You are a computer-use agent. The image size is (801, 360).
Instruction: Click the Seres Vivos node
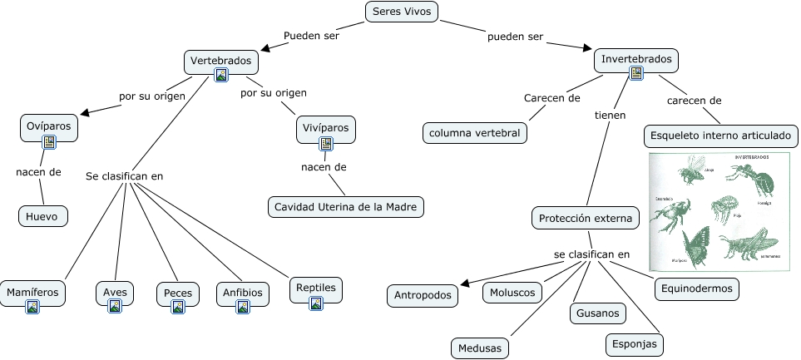(x=401, y=12)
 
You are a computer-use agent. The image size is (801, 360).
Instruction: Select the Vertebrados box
(x=220, y=61)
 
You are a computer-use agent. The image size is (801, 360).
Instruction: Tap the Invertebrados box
(x=636, y=60)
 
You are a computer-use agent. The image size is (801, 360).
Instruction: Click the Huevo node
(x=42, y=215)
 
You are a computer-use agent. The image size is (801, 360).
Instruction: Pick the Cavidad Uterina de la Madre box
(x=346, y=206)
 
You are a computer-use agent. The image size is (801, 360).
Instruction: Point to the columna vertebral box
(x=474, y=132)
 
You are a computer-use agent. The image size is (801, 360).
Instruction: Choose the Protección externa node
(x=586, y=219)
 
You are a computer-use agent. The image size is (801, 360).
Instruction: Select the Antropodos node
(x=422, y=294)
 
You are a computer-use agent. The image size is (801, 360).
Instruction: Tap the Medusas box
(x=480, y=348)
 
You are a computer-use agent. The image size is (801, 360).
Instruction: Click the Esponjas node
(x=634, y=343)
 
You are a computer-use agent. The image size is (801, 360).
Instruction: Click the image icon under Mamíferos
(x=32, y=307)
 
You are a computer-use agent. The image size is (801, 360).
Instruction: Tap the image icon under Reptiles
(x=315, y=303)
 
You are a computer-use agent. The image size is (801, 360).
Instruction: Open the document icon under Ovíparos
(x=48, y=142)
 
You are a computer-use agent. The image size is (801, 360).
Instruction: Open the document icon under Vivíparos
(x=326, y=144)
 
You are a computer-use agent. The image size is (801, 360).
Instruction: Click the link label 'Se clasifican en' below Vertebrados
(x=125, y=176)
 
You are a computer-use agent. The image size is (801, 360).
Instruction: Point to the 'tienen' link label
(x=610, y=116)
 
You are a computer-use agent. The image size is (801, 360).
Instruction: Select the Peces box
(x=177, y=293)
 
